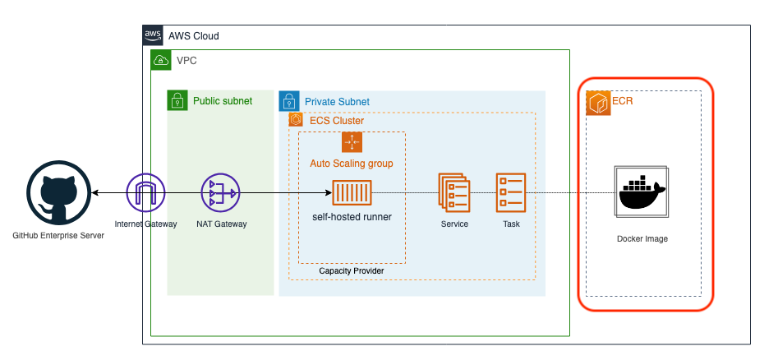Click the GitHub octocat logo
pyautogui.click(x=58, y=192)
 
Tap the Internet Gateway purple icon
pyautogui.click(x=145, y=192)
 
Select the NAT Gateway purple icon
pyautogui.click(x=220, y=192)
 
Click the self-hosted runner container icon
pyautogui.click(x=352, y=192)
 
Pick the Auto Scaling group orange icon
pyautogui.click(x=352, y=142)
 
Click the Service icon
pyautogui.click(x=454, y=192)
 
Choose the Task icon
pyautogui.click(x=510, y=192)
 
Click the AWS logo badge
pyautogui.click(x=153, y=35)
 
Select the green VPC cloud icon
pyautogui.click(x=161, y=60)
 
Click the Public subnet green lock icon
pyautogui.click(x=177, y=100)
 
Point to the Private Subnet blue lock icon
pyautogui.click(x=289, y=101)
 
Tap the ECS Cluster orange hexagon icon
pyautogui.click(x=297, y=120)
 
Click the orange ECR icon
pyautogui.click(x=598, y=103)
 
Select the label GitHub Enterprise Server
pyautogui.click(x=58, y=236)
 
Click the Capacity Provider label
pyautogui.click(x=352, y=270)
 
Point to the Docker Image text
pyautogui.click(x=642, y=239)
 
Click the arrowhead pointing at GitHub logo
pyautogui.click(x=94, y=192)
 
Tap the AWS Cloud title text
pyautogui.click(x=194, y=36)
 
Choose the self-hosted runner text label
pyautogui.click(x=352, y=216)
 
